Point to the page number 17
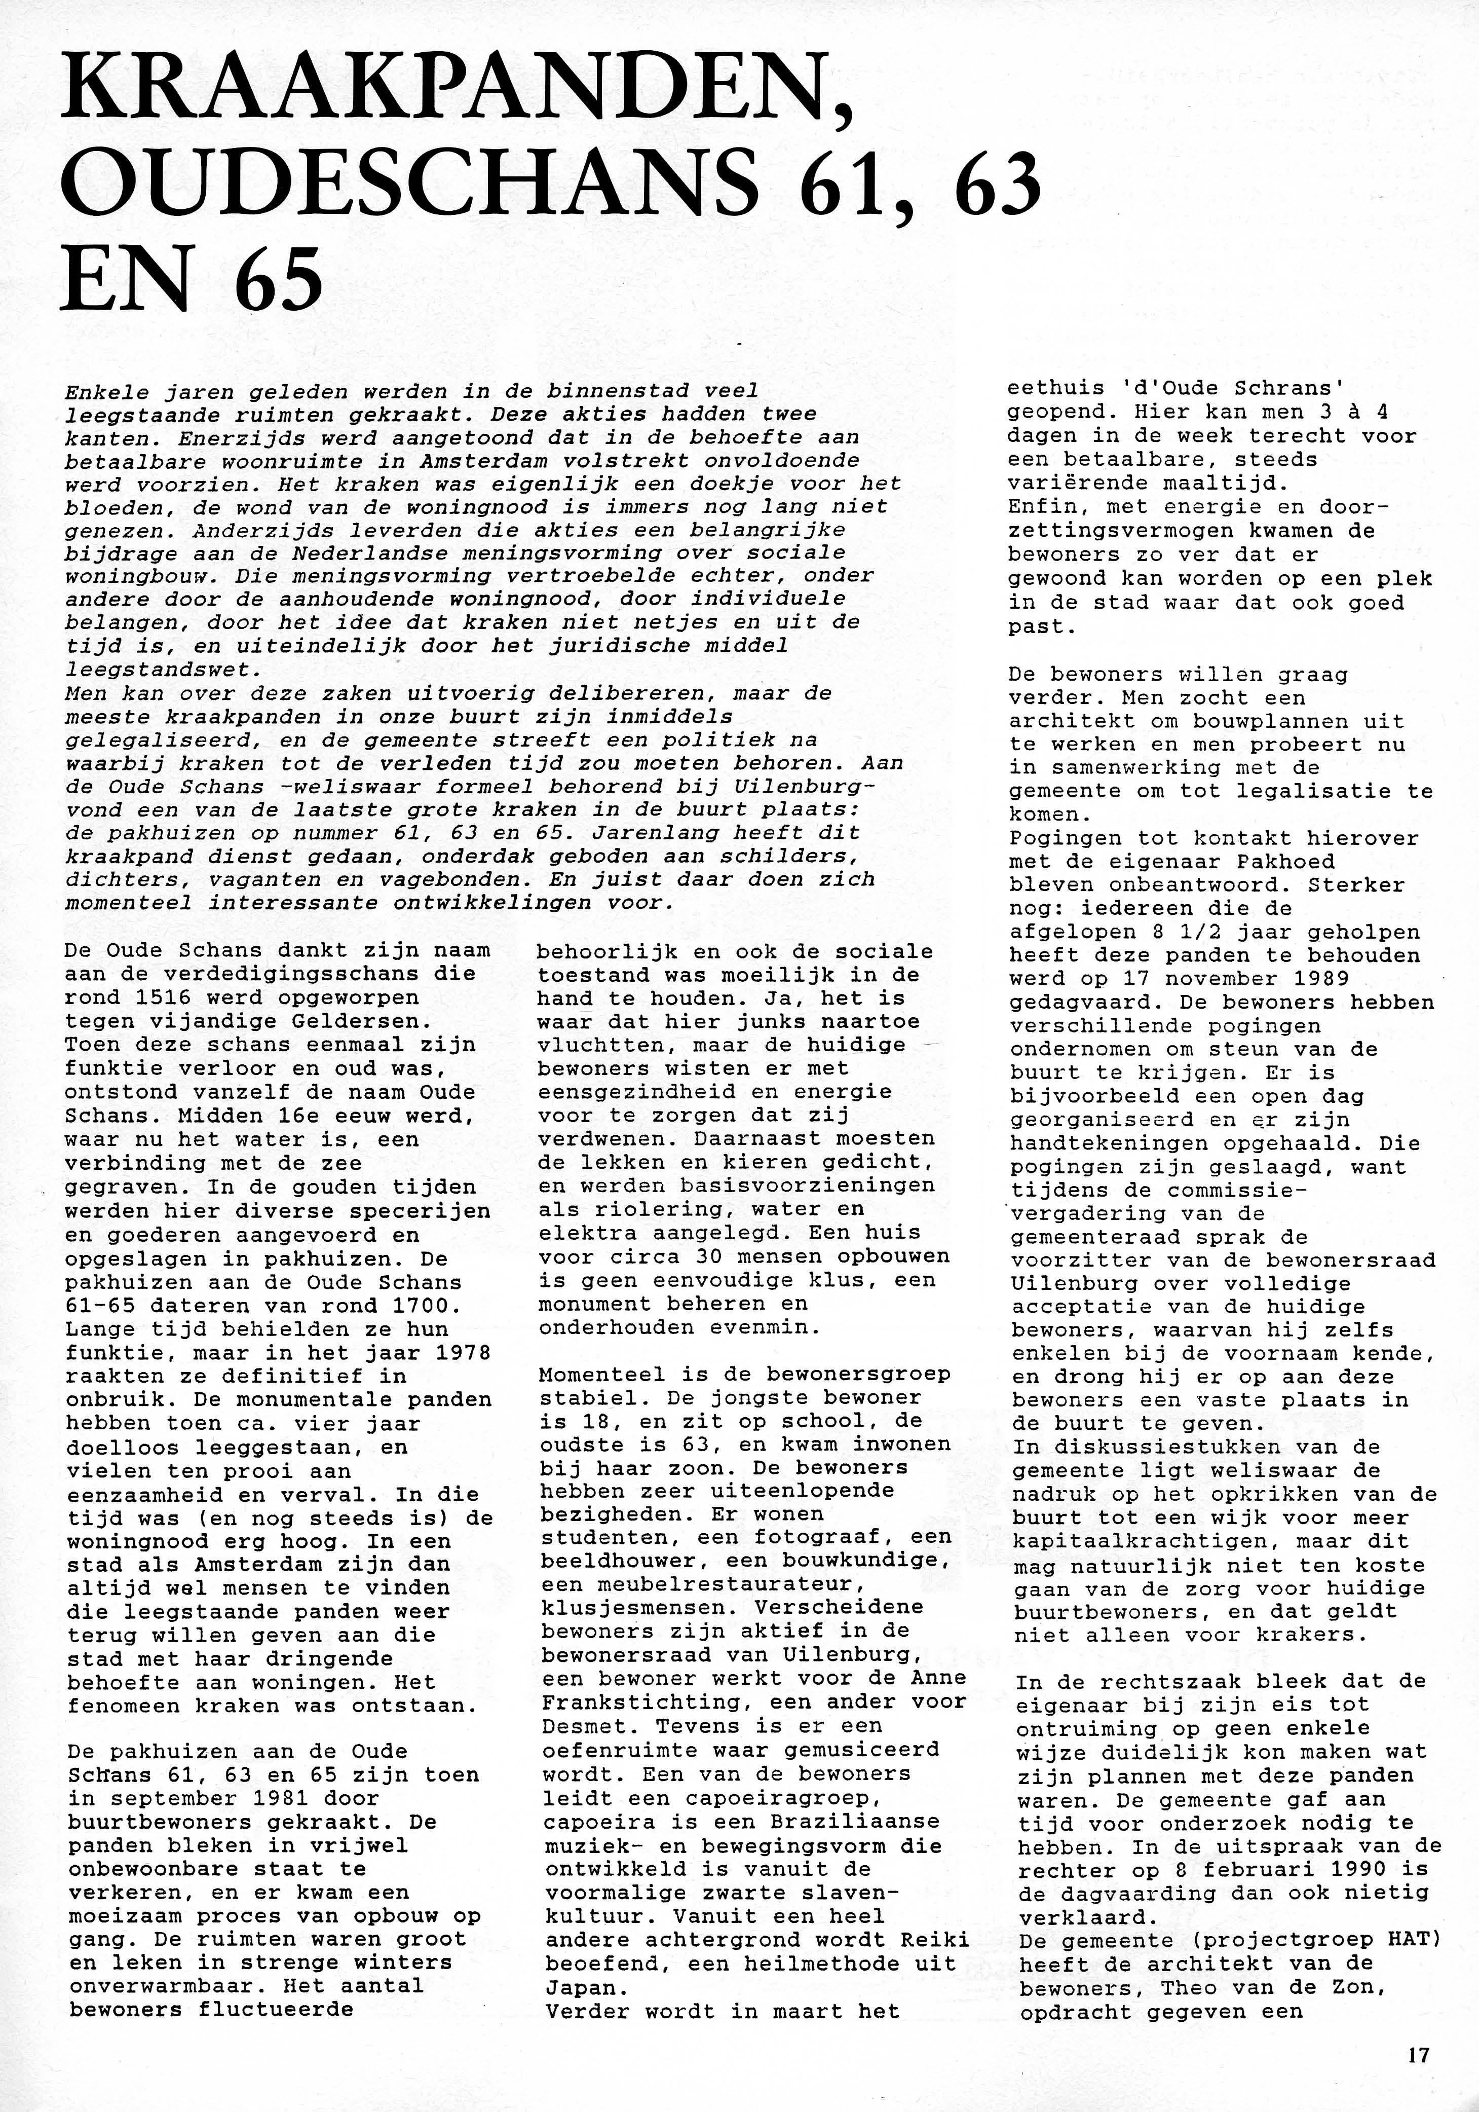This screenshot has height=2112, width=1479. pyautogui.click(x=1417, y=2055)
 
